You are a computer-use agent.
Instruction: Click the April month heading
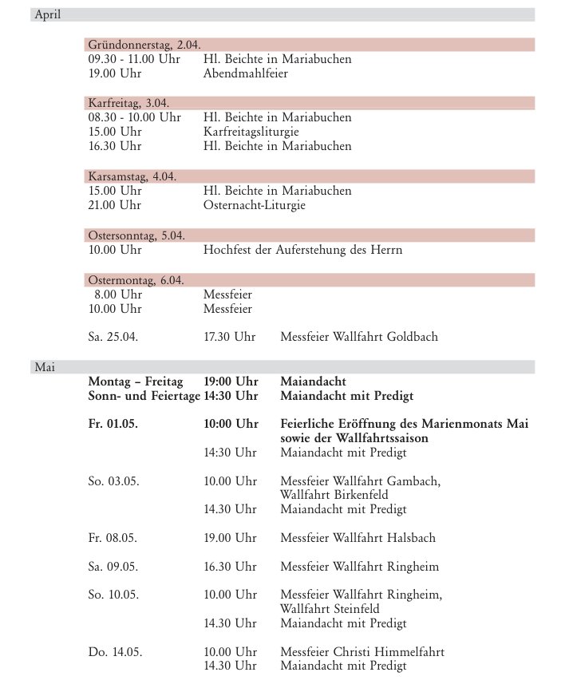[47, 14]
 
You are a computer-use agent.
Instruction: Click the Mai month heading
[43, 366]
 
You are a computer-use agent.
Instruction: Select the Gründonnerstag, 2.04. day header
[143, 45]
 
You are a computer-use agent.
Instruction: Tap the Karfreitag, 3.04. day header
[128, 103]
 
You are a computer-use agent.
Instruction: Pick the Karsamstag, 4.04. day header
[132, 176]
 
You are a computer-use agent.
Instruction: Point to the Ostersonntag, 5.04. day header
[136, 235]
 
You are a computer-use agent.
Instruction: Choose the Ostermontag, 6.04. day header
[136, 279]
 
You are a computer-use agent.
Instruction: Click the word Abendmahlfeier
[245, 73]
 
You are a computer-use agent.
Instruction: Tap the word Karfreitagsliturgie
[254, 132]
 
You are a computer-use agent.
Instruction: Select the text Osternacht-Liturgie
[254, 205]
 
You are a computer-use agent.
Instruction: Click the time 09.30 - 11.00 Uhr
[134, 59]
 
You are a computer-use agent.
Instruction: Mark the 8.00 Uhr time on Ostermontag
[117, 294]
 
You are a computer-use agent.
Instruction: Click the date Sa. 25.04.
[113, 337]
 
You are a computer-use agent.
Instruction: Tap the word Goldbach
[412, 337]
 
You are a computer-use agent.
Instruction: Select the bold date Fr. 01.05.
[113, 424]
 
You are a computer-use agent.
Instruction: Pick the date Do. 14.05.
[115, 652]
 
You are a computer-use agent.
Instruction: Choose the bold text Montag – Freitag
[136, 381]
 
